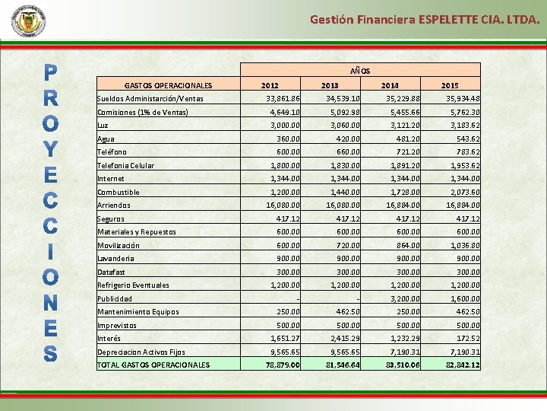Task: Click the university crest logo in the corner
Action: (x=28, y=21)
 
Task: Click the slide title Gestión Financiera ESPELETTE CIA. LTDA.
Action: (x=425, y=20)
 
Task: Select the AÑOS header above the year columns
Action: (x=360, y=70)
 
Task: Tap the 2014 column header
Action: (x=390, y=85)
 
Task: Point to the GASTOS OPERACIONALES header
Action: (x=168, y=85)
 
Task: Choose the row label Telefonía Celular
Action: (x=125, y=165)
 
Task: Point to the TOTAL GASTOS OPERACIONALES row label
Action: (x=153, y=365)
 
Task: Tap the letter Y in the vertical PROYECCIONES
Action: (x=49, y=150)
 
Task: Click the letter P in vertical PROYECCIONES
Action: (x=49, y=73)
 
